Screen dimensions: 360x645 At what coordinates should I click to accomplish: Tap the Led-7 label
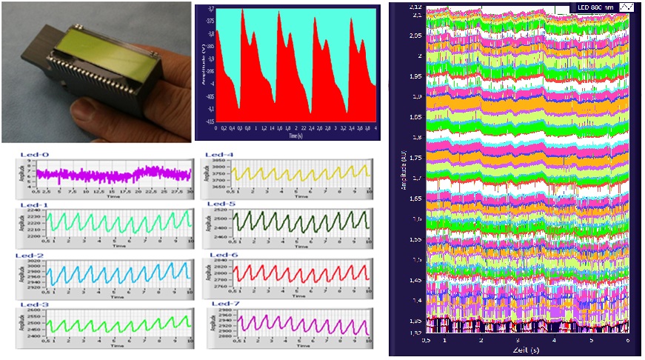click(x=223, y=304)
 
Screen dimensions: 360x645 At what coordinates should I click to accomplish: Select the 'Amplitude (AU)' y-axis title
click(x=404, y=170)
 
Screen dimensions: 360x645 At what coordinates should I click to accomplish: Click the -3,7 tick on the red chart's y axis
click(x=210, y=8)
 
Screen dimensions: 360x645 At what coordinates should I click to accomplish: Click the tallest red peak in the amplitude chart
click(x=243, y=10)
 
